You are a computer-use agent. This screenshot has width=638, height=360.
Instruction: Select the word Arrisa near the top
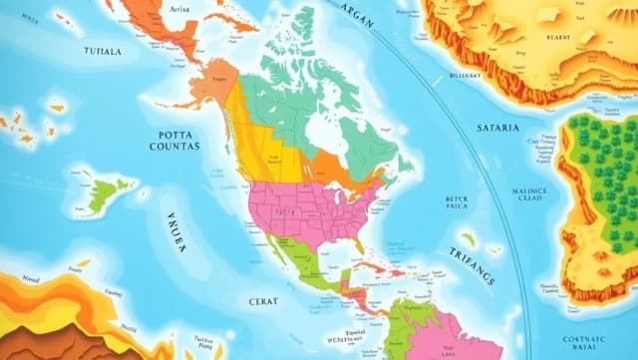(180, 8)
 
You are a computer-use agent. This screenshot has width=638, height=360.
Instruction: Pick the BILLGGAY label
(466, 73)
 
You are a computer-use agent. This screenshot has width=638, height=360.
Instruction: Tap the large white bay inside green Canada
(321, 131)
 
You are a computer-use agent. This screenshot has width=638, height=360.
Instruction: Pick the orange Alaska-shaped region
(213, 82)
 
